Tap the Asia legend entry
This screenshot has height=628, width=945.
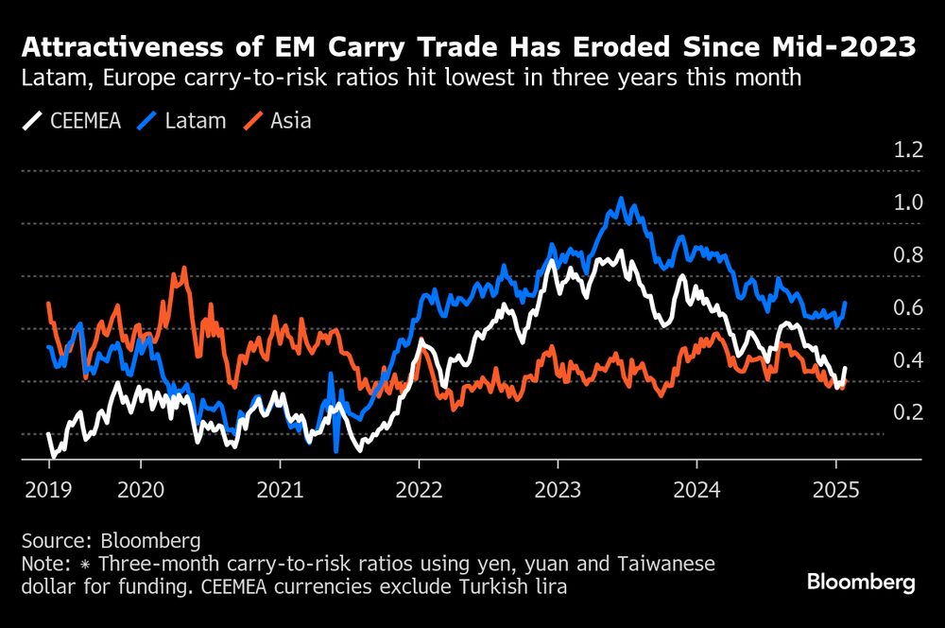point(280,120)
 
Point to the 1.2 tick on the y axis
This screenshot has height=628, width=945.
point(903,149)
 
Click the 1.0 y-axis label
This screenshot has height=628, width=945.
point(903,202)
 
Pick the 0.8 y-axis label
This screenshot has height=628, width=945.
point(903,254)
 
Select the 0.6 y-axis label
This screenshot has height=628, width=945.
point(903,307)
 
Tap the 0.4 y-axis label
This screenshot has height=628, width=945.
point(903,360)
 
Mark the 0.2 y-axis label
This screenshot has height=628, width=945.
point(903,412)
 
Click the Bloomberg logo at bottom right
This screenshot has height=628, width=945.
point(861,583)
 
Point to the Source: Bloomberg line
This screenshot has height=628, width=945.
point(111,541)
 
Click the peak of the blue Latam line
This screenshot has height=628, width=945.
point(621,199)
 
